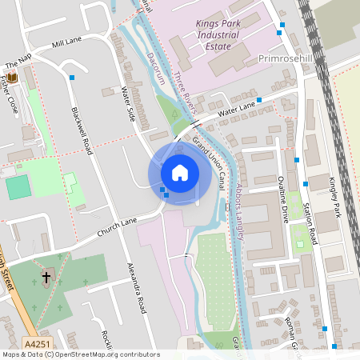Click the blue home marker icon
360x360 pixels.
[180, 172]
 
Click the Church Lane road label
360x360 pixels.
[118, 227]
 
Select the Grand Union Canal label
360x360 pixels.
[211, 160]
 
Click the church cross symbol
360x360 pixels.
[46, 278]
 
